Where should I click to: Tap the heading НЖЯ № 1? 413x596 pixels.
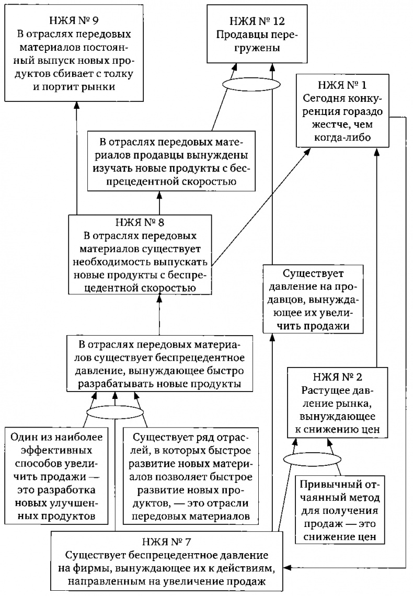tap(344, 85)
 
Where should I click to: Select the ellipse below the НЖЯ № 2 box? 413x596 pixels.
tap(312, 459)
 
